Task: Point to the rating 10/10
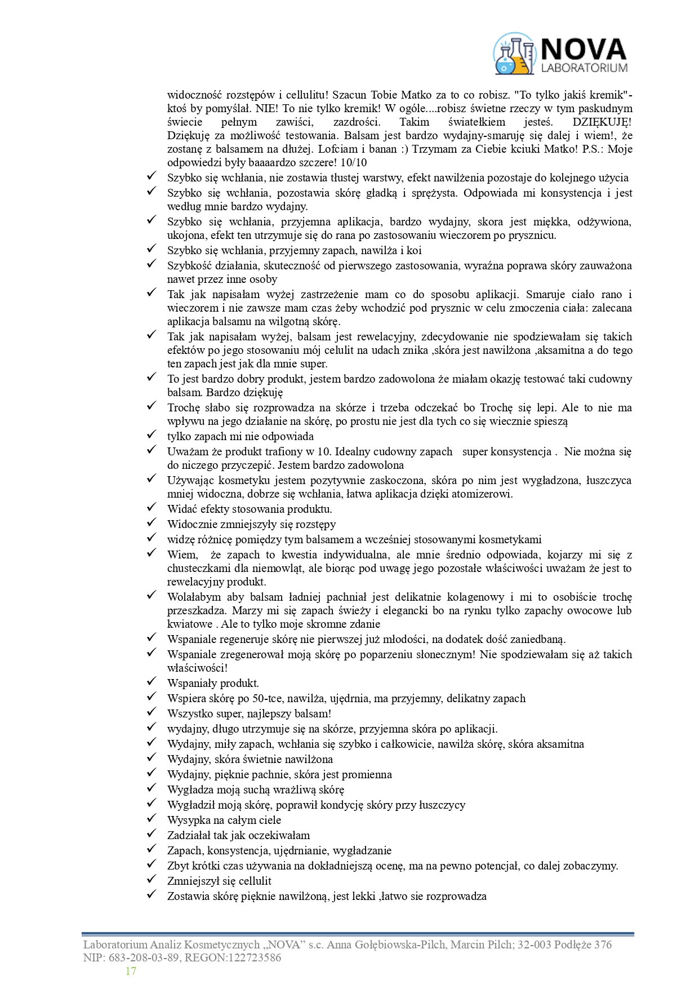pyautogui.click(x=353, y=163)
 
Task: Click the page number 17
pyautogui.click(x=131, y=971)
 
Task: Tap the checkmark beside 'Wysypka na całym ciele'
pyautogui.click(x=151, y=818)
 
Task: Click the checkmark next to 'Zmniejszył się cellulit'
pyautogui.click(x=151, y=879)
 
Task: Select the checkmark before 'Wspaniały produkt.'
pyautogui.click(x=151, y=681)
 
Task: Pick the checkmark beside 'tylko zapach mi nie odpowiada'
pyautogui.click(x=151, y=434)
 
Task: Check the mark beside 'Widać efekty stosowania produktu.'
pyautogui.click(x=151, y=507)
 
